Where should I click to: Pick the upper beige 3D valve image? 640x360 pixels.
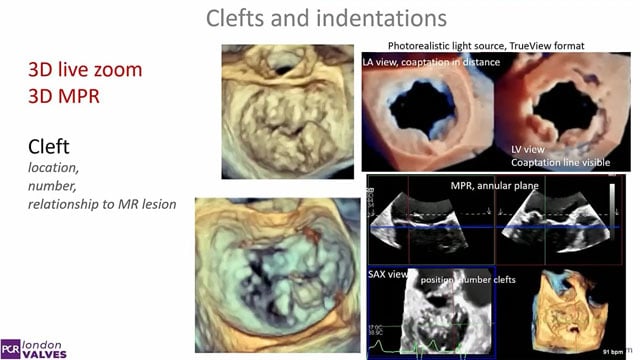click(x=272, y=109)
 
